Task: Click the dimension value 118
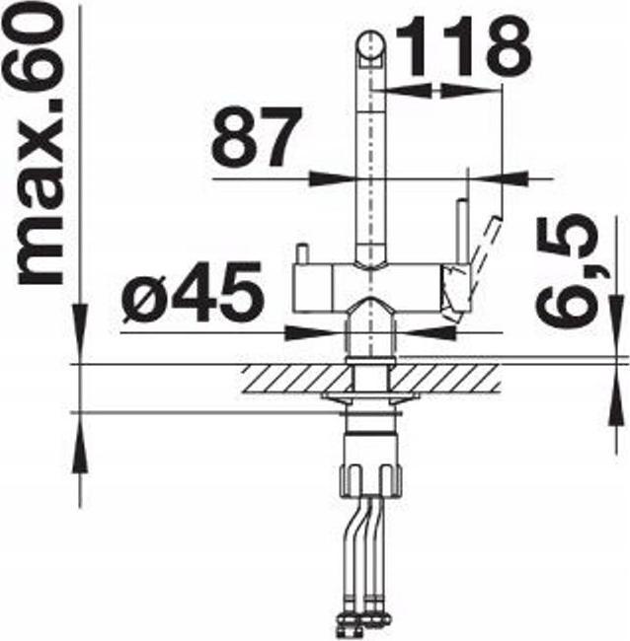[x=462, y=46]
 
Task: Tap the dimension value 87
[x=256, y=136]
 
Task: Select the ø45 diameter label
[x=192, y=291]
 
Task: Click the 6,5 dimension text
[x=568, y=271]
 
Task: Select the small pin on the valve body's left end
[x=302, y=253]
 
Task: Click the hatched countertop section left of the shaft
[x=297, y=379]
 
